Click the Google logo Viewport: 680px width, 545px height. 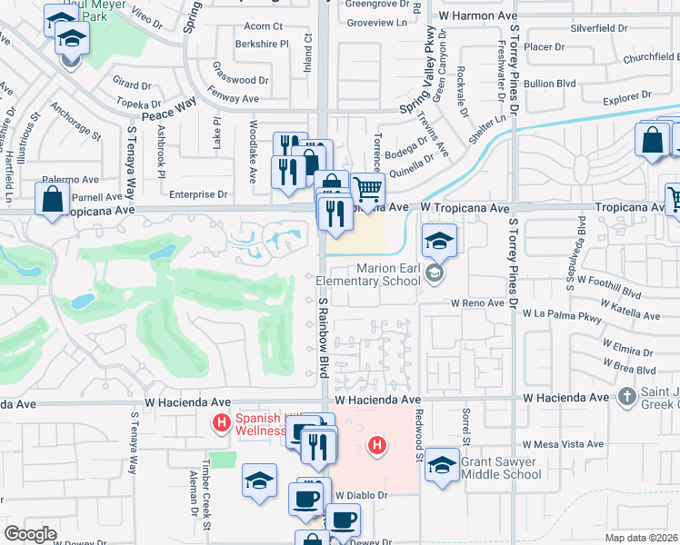click(30, 534)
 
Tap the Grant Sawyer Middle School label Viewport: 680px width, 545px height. click(501, 468)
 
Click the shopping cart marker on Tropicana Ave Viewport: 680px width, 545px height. click(367, 191)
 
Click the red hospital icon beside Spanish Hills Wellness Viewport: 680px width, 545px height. click(219, 422)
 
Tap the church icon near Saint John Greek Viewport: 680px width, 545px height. click(626, 396)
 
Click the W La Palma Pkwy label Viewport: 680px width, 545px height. click(563, 313)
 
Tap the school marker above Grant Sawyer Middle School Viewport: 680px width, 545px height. click(442, 466)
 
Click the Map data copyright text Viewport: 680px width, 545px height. click(642, 538)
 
